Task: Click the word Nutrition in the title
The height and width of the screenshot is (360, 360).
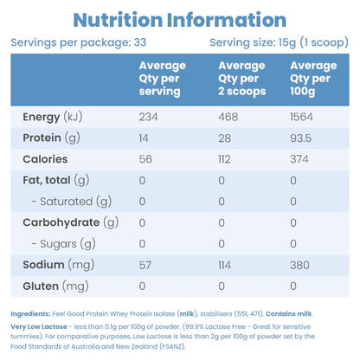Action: coord(118,20)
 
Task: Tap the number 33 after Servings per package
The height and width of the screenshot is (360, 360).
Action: coord(140,42)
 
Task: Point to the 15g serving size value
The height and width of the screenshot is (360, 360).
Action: coord(287,42)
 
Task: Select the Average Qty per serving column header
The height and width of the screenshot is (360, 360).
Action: coord(163,79)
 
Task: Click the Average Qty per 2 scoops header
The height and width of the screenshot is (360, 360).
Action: coord(242,79)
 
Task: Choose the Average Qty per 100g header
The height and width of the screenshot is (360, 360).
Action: coord(313,79)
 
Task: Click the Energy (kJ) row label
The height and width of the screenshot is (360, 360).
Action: coord(53,117)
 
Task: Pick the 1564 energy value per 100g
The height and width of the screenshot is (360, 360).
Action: coord(301,117)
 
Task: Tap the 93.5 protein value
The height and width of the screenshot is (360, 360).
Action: coord(301,138)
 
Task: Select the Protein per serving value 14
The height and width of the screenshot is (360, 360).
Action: coord(144,138)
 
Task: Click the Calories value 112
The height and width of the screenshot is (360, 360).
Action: coord(224,159)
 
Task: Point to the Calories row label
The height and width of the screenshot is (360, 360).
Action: coord(45,159)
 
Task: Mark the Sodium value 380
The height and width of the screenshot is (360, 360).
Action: coord(299,265)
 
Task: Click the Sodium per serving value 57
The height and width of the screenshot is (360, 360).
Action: coord(145,265)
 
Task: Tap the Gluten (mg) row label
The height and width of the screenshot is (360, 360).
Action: coord(55,286)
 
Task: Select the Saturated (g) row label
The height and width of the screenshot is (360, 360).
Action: coord(72,202)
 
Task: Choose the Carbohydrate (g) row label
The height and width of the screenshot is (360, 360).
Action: coord(71,222)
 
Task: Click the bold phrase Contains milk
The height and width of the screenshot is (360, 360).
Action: coord(289,314)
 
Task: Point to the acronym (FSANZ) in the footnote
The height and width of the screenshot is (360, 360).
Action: coord(172,346)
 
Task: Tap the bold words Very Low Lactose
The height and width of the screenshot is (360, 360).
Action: coord(39,327)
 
